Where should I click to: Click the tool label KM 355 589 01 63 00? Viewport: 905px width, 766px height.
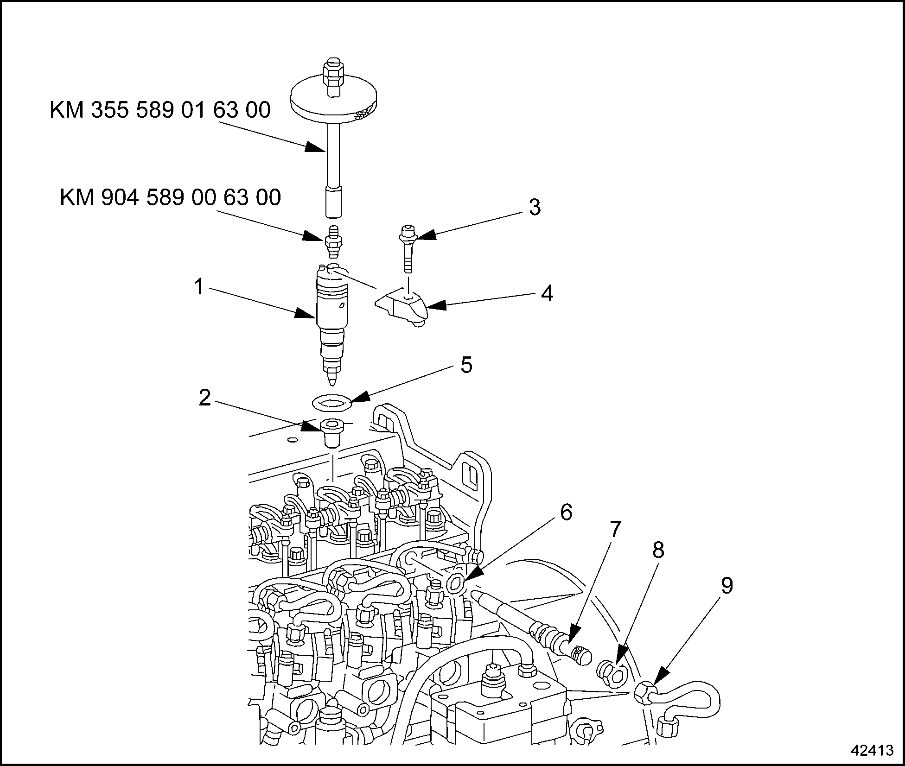160,111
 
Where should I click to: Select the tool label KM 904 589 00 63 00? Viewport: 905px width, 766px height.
170,197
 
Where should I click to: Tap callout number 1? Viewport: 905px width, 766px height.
199,287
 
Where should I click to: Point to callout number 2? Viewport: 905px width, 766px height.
204,398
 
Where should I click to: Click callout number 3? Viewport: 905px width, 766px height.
535,207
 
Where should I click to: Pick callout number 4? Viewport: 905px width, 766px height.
547,294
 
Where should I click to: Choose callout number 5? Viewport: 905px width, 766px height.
466,365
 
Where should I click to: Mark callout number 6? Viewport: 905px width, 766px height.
566,512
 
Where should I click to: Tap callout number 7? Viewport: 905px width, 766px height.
615,530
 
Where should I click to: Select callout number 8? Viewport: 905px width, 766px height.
658,550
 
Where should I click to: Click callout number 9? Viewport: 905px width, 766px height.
727,586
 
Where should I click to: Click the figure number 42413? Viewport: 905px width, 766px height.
872,750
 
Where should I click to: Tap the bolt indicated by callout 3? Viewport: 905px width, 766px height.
407,250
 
